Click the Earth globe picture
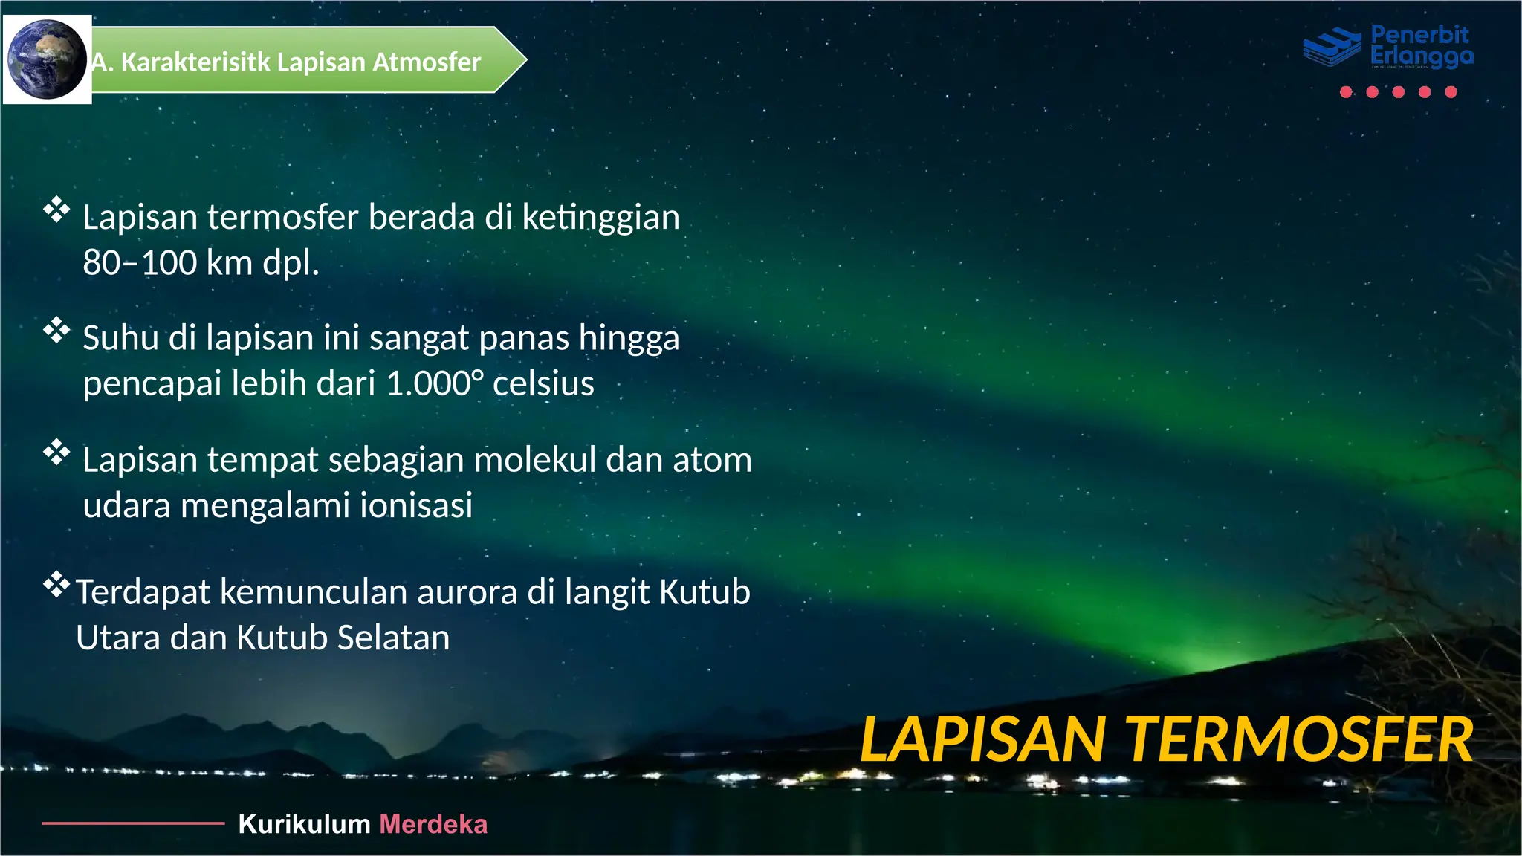coord(47,59)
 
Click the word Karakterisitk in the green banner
coord(195,62)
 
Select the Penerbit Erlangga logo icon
coord(1332,47)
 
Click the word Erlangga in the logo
coord(1421,56)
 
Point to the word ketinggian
coord(600,218)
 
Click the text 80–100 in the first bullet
coord(139,263)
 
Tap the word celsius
coord(543,384)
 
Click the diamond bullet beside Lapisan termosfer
coord(56,210)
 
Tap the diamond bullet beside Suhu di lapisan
coord(56,331)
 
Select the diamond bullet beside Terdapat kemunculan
coord(56,586)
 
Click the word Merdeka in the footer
coord(433,824)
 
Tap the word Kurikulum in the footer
coord(304,824)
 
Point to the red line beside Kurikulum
coord(133,823)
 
